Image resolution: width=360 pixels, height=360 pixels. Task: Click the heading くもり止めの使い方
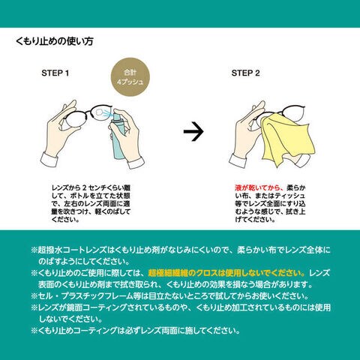pyautogui.click(x=55, y=41)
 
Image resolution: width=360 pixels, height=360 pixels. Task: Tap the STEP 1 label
pyautogui.click(x=55, y=73)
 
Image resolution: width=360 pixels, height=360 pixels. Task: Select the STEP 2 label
pyautogui.click(x=245, y=73)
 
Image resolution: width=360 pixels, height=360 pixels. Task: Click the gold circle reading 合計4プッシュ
pyautogui.click(x=130, y=77)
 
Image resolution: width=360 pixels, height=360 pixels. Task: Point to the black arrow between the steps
pyautogui.click(x=193, y=131)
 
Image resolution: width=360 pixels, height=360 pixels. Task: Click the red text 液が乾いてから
pyautogui.click(x=259, y=187)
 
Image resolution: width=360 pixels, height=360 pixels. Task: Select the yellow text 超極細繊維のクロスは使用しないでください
pyautogui.click(x=226, y=273)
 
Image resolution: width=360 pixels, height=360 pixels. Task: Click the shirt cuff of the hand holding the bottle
pyautogui.click(x=136, y=163)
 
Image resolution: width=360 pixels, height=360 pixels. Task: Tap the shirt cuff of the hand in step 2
pyautogui.click(x=238, y=161)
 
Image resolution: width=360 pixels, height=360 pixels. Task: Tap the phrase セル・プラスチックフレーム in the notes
pyautogui.click(x=85, y=296)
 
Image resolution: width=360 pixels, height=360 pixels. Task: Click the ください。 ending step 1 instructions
pyautogui.click(x=65, y=220)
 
